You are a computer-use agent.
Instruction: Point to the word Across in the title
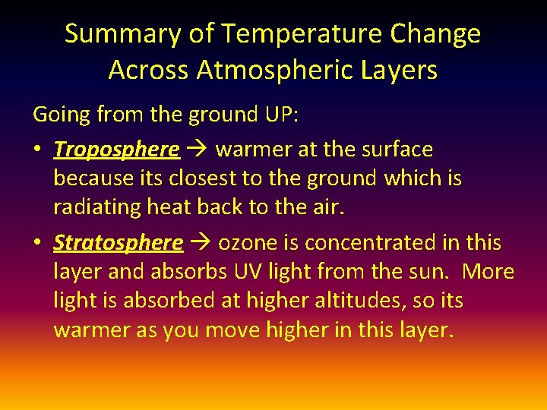coord(149,70)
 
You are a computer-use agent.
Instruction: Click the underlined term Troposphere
coord(116,150)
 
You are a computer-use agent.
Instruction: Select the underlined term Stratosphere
coord(118,243)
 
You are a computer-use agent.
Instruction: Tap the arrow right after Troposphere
coord(198,150)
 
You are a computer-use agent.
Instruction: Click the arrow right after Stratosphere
coord(201,243)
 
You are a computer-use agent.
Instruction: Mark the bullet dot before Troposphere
coord(37,150)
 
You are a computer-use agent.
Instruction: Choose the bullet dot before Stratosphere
coord(37,243)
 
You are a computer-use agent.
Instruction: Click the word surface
coord(395,150)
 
